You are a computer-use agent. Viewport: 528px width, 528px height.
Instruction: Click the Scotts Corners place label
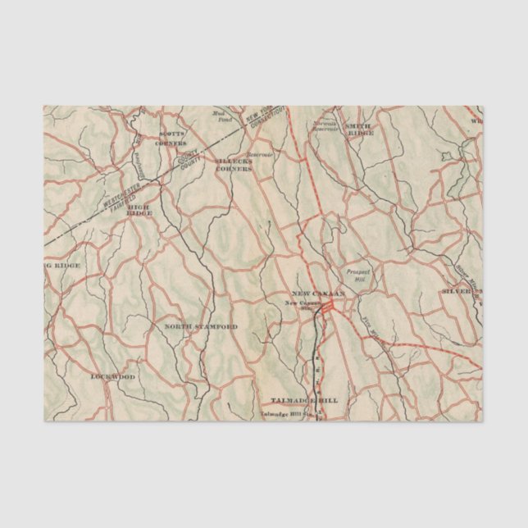pyautogui.click(x=171, y=136)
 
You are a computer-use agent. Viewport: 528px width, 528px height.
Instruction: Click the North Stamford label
pyautogui.click(x=201, y=326)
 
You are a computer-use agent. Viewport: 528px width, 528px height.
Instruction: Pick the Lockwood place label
pyautogui.click(x=113, y=376)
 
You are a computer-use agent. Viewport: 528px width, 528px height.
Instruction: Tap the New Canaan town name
pyautogui.click(x=319, y=294)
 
